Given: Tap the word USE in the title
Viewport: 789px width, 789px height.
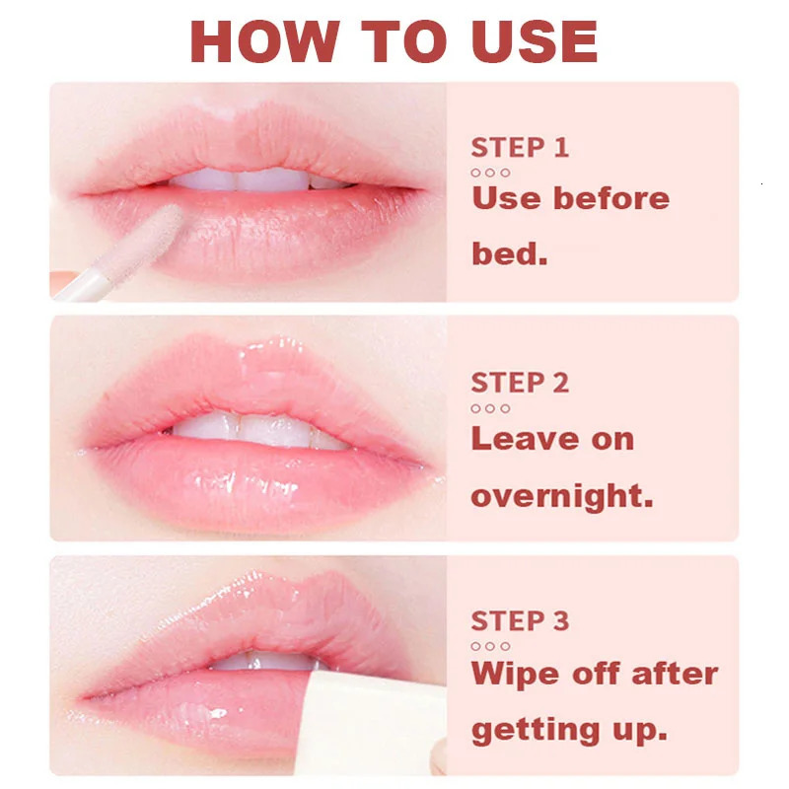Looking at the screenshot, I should click(526, 40).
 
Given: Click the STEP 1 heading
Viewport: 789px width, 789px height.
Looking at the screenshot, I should click(520, 148).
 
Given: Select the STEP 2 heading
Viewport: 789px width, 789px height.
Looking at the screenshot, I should click(520, 383).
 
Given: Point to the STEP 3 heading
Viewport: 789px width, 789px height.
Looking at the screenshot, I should click(520, 620).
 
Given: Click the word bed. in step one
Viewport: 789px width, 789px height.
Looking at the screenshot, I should click(509, 253).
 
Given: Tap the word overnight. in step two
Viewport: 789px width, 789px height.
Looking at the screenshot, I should click(561, 495).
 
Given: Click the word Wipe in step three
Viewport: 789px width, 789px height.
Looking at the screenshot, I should click(519, 674).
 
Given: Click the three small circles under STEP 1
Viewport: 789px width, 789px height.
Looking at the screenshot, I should click(490, 173).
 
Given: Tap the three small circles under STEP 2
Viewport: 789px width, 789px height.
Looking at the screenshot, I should click(490, 408).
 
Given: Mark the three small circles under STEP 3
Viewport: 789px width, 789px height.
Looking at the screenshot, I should click(490, 646).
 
